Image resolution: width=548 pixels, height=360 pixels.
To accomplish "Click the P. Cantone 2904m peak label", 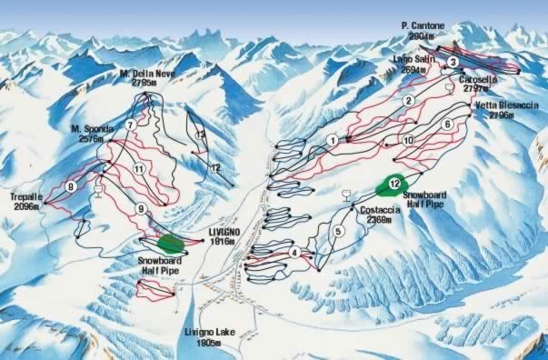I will (423, 30).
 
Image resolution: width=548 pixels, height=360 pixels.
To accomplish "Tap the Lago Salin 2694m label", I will (413, 63).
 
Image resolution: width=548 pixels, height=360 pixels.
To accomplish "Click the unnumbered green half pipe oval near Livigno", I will (169, 243).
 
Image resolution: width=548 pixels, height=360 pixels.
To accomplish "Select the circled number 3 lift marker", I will (452, 61).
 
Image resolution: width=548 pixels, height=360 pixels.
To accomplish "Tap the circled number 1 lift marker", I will (334, 139).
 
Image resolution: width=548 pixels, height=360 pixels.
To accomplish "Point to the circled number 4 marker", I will (294, 252).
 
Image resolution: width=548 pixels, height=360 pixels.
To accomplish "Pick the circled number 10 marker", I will (408, 139).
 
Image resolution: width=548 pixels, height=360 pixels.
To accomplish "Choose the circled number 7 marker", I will (131, 124).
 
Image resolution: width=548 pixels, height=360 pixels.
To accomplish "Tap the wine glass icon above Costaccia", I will (345, 194).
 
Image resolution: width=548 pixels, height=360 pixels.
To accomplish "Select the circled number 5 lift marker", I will (338, 231).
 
